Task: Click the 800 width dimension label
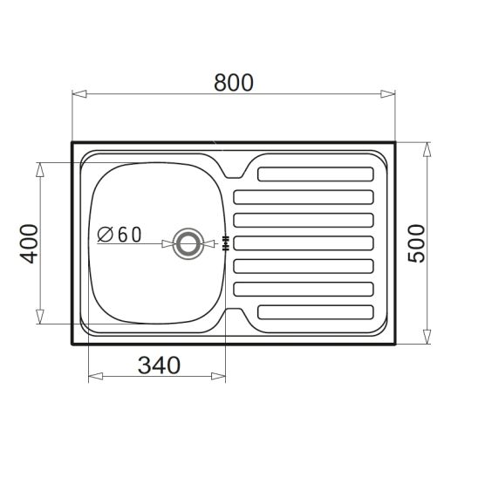234,83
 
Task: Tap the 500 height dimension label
416,243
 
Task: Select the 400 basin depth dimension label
30,243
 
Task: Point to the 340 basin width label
159,365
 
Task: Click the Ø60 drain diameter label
119,235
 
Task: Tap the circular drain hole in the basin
188,243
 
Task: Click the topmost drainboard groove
316,174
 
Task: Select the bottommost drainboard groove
316,312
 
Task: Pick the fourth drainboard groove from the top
304,243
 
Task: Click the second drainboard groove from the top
304,197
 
